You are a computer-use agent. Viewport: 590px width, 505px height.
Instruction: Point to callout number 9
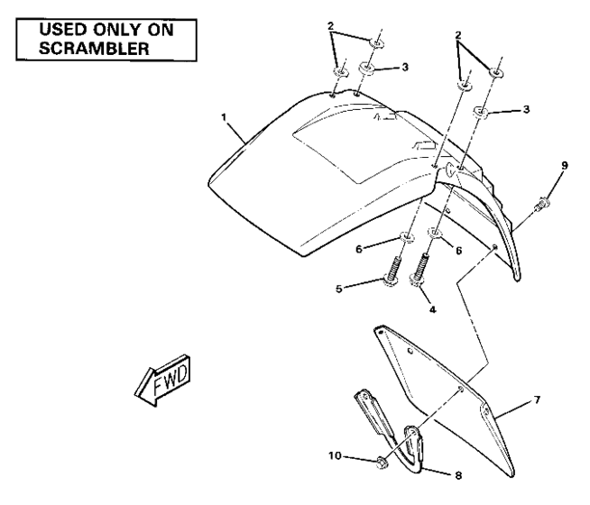click(566, 165)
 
